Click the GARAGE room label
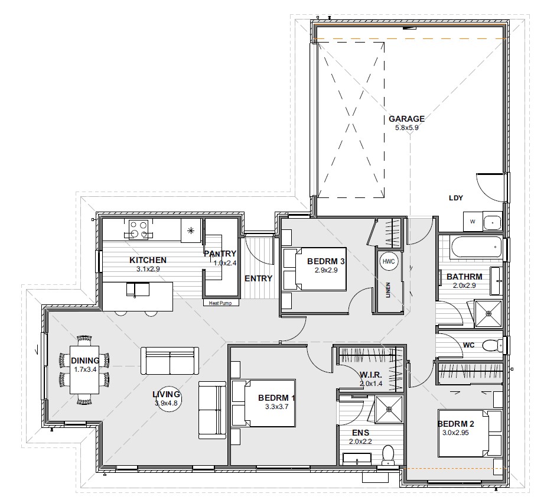406,119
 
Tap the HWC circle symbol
389,262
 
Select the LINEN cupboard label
388,290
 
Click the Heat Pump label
220,303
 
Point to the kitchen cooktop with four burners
138,229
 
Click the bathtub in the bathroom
476,247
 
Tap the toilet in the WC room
493,345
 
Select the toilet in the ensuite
387,456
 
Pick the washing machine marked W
473,222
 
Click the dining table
84,369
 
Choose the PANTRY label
220,254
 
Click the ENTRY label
259,278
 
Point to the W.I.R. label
371,375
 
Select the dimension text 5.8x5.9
406,128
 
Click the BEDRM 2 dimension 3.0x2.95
455,433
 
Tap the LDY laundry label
456,198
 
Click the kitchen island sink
138,290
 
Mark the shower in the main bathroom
488,314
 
